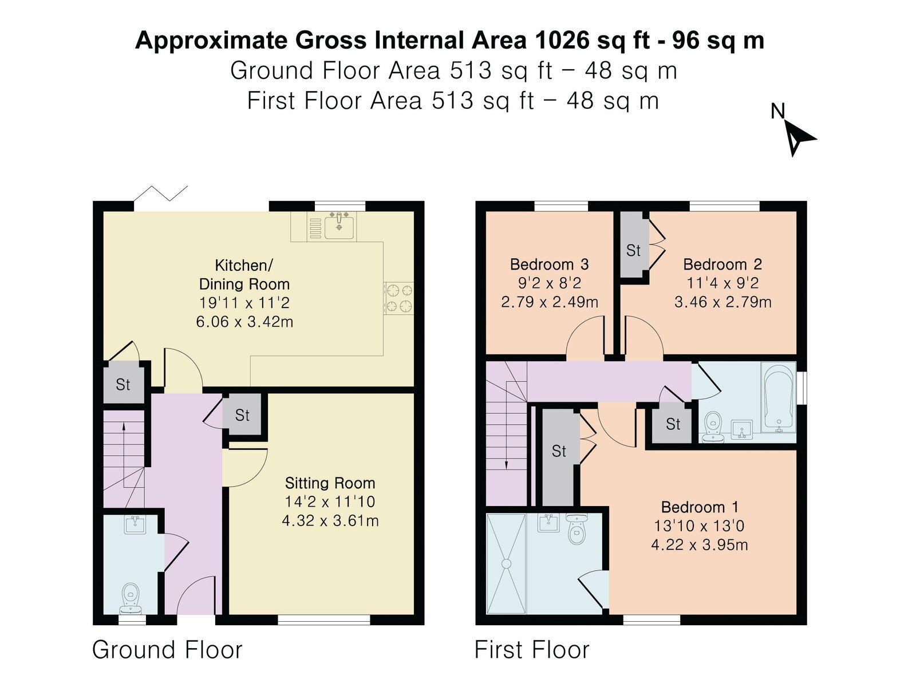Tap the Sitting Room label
click(330, 483)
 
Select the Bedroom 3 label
click(549, 264)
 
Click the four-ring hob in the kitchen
click(399, 298)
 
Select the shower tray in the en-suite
click(506, 564)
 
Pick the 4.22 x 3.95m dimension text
click(700, 545)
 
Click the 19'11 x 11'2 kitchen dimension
click(244, 302)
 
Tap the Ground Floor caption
click(167, 649)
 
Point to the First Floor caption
click(532, 649)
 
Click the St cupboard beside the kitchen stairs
click(123, 384)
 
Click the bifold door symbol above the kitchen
click(161, 193)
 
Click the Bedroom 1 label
click(700, 507)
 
